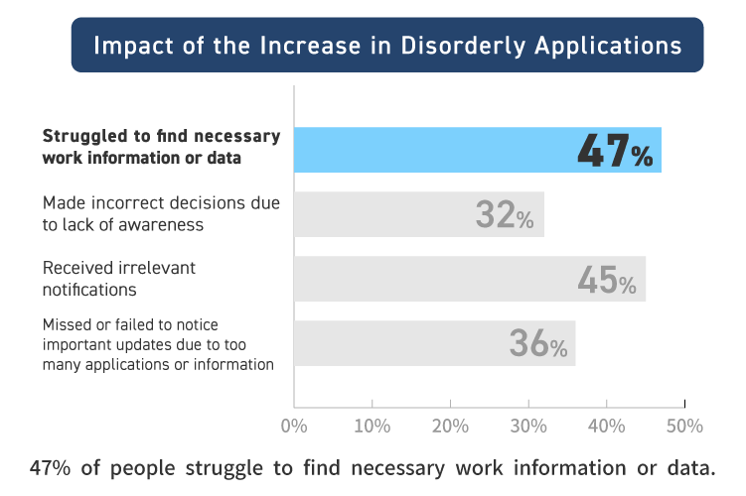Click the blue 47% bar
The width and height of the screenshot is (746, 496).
[x=437, y=151]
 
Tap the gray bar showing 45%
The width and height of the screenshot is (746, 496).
[x=437, y=279]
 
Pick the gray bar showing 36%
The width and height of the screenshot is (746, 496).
[x=407, y=343]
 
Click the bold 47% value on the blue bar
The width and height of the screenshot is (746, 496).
[x=615, y=152]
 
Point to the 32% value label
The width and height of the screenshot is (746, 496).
[x=505, y=215]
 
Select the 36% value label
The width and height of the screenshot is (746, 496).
[x=537, y=344]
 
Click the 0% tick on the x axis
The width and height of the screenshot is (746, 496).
[x=294, y=426]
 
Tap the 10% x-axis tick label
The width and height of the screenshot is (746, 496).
[x=372, y=426]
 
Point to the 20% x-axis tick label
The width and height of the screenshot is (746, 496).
[x=450, y=426]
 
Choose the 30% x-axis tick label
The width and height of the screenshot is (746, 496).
[x=528, y=426]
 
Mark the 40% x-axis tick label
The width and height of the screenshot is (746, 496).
[x=606, y=426]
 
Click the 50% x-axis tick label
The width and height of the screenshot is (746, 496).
[x=684, y=426]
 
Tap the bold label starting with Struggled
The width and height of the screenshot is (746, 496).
[x=161, y=147]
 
